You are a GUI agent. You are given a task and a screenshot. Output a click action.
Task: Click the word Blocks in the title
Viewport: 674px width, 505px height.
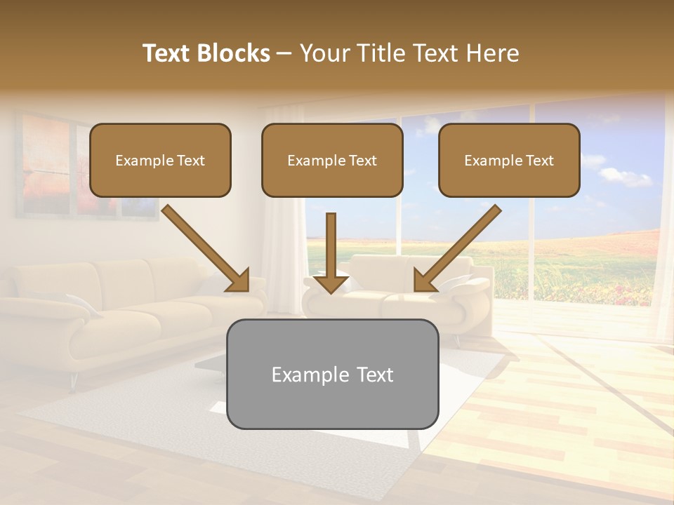click(x=234, y=53)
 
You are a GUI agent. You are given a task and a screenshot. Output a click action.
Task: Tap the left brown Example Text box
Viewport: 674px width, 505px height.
click(x=160, y=160)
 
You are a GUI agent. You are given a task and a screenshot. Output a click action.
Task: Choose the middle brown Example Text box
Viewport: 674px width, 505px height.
click(x=332, y=160)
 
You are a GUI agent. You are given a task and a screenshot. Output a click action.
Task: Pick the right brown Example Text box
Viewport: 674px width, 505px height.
click(x=509, y=160)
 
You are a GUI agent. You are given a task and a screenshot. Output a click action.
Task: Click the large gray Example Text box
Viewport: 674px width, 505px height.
click(x=332, y=374)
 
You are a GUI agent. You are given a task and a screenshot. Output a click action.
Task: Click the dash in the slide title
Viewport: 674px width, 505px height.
click(x=284, y=53)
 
